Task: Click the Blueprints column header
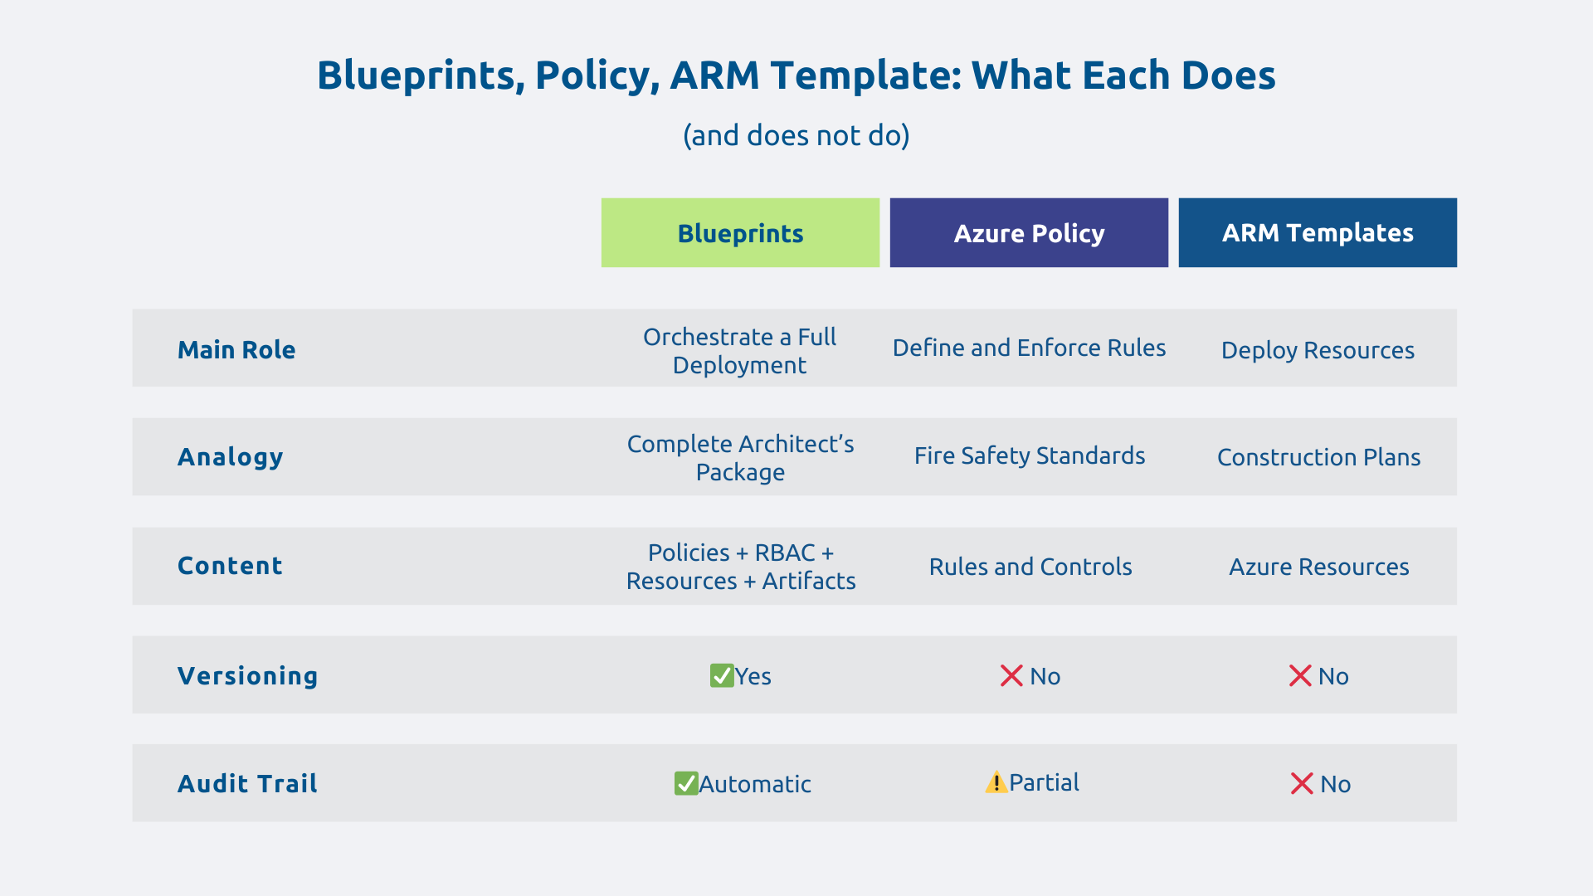tap(740, 233)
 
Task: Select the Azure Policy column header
tap(1029, 233)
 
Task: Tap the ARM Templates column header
tap(1318, 233)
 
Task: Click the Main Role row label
tap(236, 349)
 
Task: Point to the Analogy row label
tap(231, 457)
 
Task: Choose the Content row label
tap(231, 566)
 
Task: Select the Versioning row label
tap(248, 676)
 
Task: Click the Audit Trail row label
tap(248, 784)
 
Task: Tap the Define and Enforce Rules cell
tap(1029, 348)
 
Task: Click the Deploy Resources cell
tap(1318, 350)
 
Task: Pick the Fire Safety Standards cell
tap(1030, 455)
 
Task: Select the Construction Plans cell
tap(1318, 457)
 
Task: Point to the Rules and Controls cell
tap(1030, 567)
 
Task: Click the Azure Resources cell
tap(1318, 567)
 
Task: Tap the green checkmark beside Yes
tap(722, 676)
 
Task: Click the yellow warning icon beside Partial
tap(996, 782)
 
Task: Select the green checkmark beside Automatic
tap(686, 784)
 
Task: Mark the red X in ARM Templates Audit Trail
tap(1302, 784)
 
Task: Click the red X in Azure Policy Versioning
tap(1011, 676)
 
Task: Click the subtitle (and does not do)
tap(796, 135)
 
